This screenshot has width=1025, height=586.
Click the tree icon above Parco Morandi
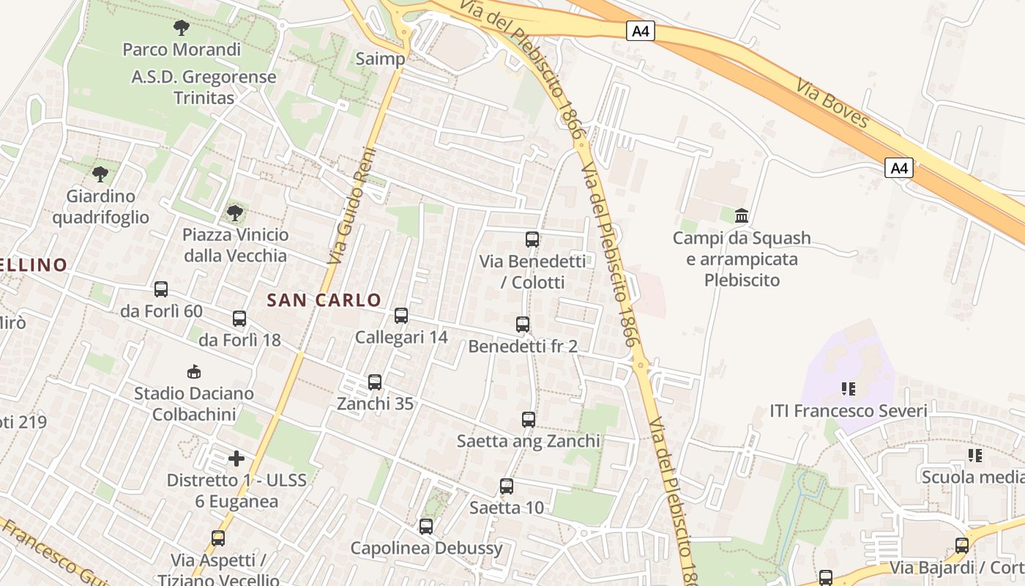(181, 28)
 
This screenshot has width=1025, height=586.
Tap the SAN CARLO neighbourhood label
(324, 300)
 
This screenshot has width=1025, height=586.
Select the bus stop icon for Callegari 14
(401, 316)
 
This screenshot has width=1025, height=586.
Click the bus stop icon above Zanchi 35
(375, 382)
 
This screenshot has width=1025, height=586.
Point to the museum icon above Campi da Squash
(742, 216)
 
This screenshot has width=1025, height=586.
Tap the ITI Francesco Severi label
(849, 411)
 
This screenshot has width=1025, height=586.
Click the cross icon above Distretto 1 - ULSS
(236, 459)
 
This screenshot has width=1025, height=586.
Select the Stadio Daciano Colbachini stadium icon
(194, 371)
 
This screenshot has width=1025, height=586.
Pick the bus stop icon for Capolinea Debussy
(426, 526)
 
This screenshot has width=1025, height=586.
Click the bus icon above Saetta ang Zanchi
(529, 420)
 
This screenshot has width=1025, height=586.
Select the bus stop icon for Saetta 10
(507, 486)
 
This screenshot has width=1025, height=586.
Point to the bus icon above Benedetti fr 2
(523, 324)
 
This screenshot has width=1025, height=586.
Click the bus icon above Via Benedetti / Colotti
(532, 239)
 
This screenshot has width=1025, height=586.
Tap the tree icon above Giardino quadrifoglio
(100, 174)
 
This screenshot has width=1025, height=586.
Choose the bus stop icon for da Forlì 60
(161, 289)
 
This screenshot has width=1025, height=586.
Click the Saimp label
(380, 59)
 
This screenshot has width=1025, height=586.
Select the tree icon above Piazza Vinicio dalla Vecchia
(234, 213)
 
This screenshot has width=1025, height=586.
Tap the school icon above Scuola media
(975, 456)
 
